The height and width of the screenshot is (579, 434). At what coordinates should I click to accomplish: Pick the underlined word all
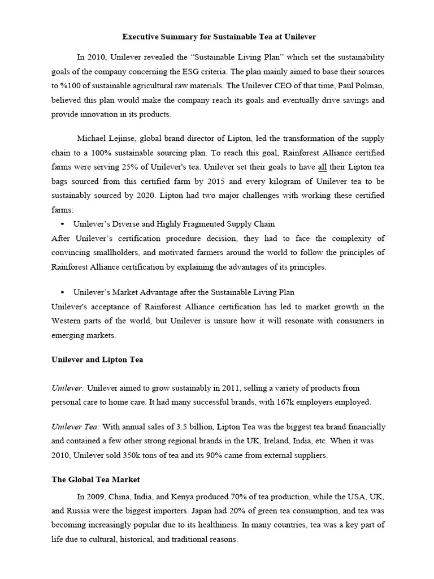point(323,167)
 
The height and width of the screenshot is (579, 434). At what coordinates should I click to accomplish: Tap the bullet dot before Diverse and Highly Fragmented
point(61,224)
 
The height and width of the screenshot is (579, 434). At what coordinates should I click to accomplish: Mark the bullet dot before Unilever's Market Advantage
point(61,292)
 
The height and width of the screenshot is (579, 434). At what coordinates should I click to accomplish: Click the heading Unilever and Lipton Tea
point(97,360)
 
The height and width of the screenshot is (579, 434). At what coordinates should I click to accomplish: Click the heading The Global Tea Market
point(96,479)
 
